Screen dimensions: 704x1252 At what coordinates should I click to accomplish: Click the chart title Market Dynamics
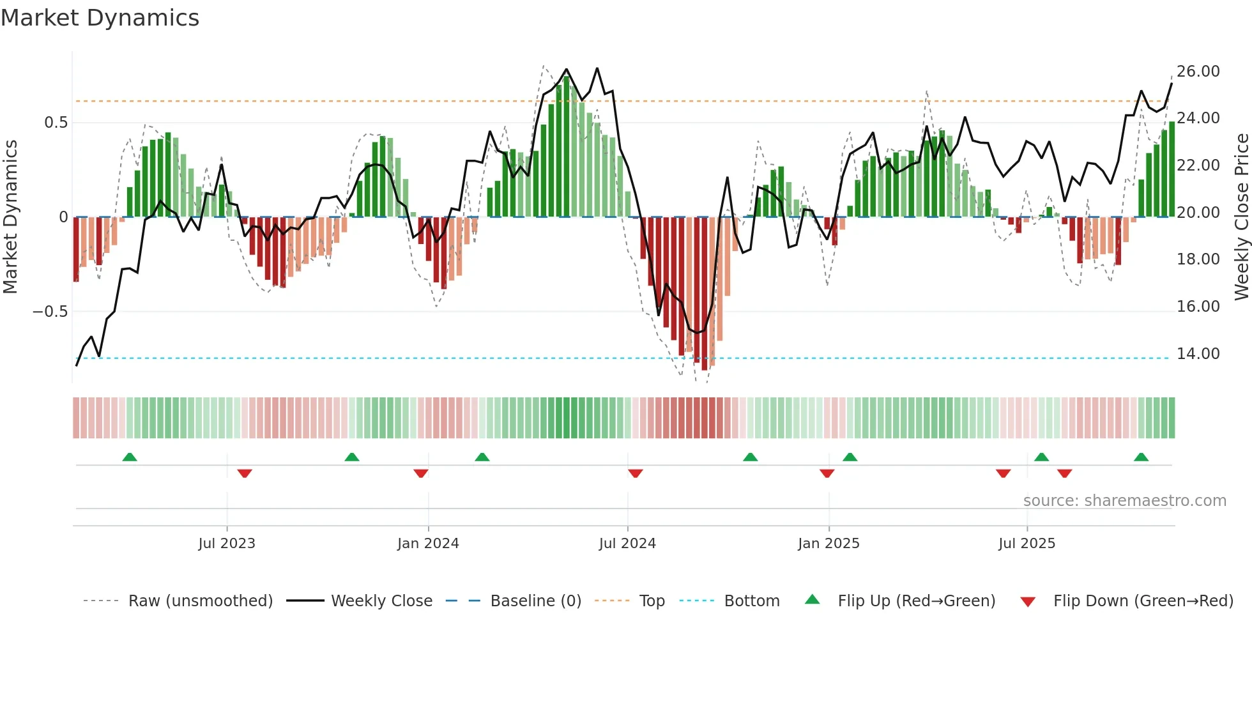click(100, 18)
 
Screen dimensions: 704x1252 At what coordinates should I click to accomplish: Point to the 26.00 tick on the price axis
click(1198, 72)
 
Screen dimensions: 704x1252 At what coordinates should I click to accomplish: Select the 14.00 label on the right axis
click(1198, 354)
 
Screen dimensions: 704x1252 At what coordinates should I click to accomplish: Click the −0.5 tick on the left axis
click(50, 312)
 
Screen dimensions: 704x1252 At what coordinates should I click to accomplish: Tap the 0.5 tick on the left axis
click(56, 123)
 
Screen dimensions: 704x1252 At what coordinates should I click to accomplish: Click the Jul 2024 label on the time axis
click(627, 544)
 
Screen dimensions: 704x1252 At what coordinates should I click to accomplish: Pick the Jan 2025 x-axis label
click(828, 544)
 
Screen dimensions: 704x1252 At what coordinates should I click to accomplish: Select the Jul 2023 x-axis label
click(227, 544)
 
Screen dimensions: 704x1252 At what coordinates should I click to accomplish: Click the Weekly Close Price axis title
click(1241, 217)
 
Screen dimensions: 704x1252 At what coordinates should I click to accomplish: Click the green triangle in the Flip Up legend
click(812, 599)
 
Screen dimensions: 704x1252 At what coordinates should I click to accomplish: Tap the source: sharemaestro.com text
click(1124, 501)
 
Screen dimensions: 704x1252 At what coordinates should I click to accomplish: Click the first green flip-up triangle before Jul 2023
click(130, 457)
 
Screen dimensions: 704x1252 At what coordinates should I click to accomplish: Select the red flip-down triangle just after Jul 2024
click(635, 473)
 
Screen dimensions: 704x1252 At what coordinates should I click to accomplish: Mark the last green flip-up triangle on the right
click(1141, 457)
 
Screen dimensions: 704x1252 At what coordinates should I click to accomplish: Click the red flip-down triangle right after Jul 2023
click(245, 473)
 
